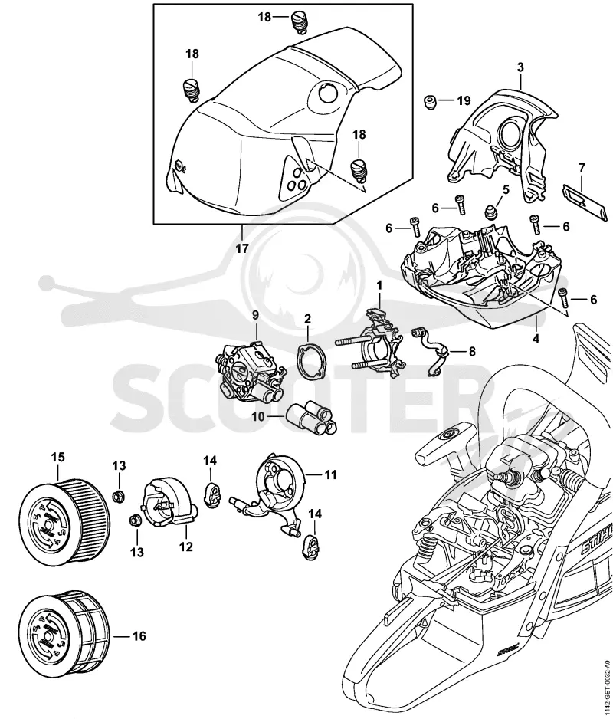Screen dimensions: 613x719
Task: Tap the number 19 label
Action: click(x=464, y=100)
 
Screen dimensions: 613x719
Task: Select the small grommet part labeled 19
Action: click(x=431, y=101)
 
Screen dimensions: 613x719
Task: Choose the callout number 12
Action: click(x=185, y=547)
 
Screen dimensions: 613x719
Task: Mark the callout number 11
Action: click(x=329, y=474)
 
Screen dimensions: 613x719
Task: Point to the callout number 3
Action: click(x=520, y=67)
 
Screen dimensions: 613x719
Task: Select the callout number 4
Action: click(x=536, y=339)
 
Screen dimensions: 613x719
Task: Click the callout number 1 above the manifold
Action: click(x=379, y=286)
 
